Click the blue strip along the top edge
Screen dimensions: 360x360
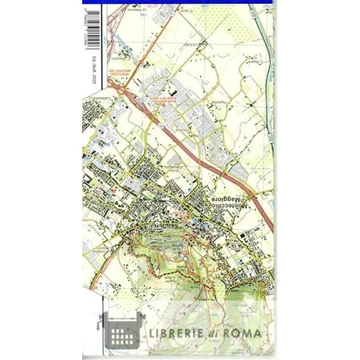(180, 2)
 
